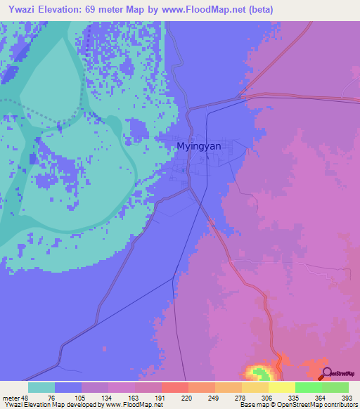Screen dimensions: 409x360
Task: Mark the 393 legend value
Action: [x=345, y=397]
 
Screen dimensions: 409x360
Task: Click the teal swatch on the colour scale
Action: [x=41, y=387]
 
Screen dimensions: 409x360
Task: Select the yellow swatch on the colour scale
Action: [x=281, y=387]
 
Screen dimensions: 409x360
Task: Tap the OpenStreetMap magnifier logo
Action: [x=327, y=372]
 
